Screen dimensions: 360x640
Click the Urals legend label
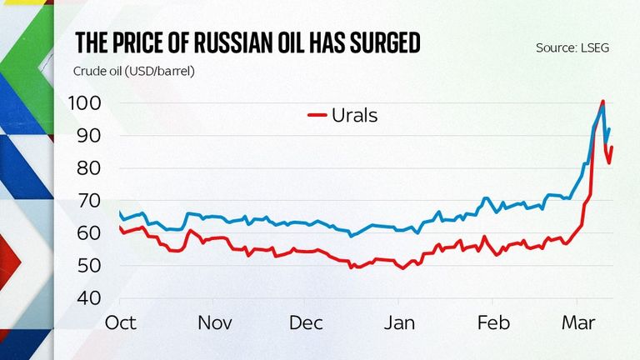pyautogui.click(x=354, y=115)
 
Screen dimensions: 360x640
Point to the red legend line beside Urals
pyautogui.click(x=317, y=115)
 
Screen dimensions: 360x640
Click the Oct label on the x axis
pyautogui.click(x=121, y=322)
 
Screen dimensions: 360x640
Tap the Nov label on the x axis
pyautogui.click(x=216, y=322)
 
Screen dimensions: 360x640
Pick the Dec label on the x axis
pyautogui.click(x=308, y=322)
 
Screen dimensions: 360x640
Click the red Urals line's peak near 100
pyautogui.click(x=602, y=102)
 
